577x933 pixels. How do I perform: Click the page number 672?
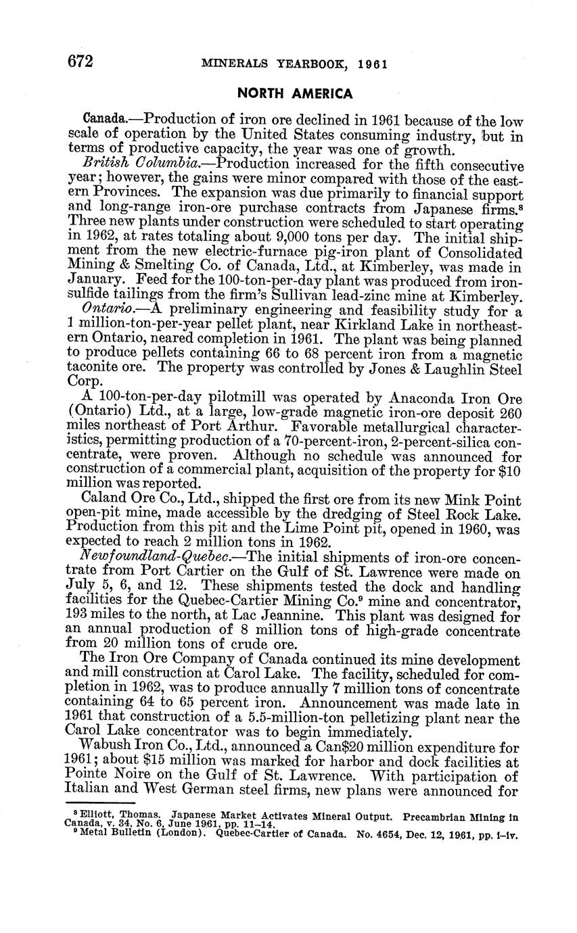[x=80, y=62]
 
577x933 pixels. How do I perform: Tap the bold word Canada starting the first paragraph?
[x=101, y=121]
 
